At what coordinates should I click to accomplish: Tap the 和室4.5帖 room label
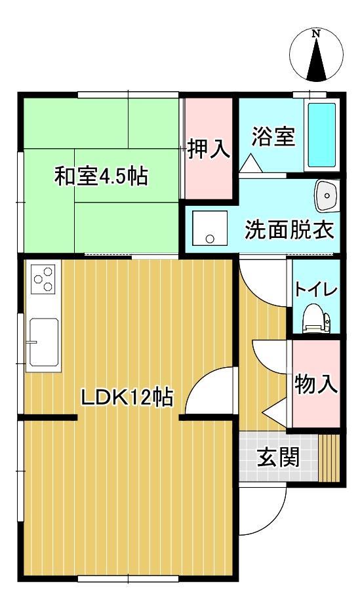point(100,177)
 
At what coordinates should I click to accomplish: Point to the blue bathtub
point(321,134)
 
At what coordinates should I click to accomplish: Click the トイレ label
point(315,290)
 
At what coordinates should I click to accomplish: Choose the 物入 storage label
point(315,385)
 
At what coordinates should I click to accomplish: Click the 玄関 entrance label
point(277,458)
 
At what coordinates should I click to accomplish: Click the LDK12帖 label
point(127,397)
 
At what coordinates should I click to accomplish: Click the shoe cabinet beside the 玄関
point(330,456)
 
